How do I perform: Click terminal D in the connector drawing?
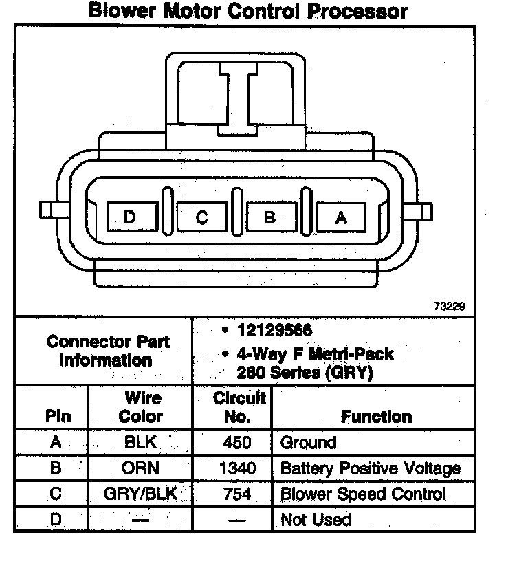click(x=130, y=218)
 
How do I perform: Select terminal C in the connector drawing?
click(x=201, y=218)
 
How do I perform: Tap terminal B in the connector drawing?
click(x=270, y=218)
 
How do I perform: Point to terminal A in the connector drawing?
click(x=341, y=218)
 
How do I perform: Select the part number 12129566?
click(x=274, y=331)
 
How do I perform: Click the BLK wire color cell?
click(x=141, y=443)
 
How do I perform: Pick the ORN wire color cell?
click(x=141, y=469)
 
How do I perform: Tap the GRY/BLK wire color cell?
click(x=141, y=494)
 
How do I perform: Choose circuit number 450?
click(x=237, y=443)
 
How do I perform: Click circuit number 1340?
click(x=237, y=469)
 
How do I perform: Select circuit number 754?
click(x=237, y=494)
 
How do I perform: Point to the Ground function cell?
click(x=309, y=443)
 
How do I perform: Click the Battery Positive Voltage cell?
click(x=371, y=469)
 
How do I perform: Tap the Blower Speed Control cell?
click(x=363, y=494)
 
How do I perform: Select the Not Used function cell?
click(x=316, y=519)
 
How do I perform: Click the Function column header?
click(x=376, y=416)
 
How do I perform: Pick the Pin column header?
click(x=57, y=416)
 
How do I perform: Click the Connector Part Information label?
click(x=109, y=351)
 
